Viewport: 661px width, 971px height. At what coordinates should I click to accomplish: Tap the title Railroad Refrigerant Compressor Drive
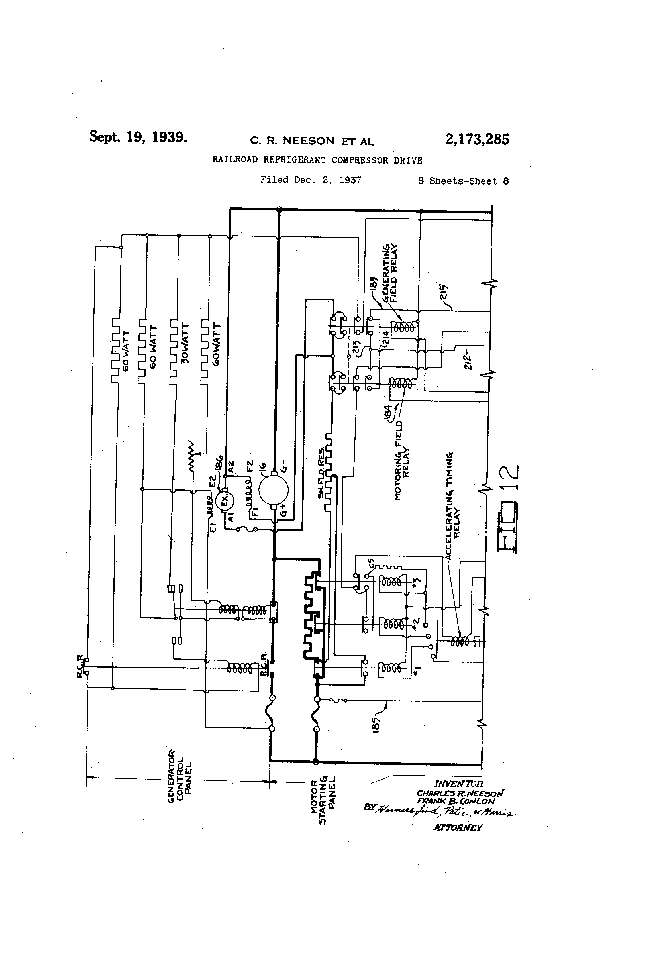[x=317, y=160]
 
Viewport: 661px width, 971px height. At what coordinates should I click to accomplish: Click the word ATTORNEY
[x=458, y=827]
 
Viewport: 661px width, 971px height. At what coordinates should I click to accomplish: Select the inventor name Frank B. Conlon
[x=456, y=801]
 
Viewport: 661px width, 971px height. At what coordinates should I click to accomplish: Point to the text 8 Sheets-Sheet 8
[x=463, y=181]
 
